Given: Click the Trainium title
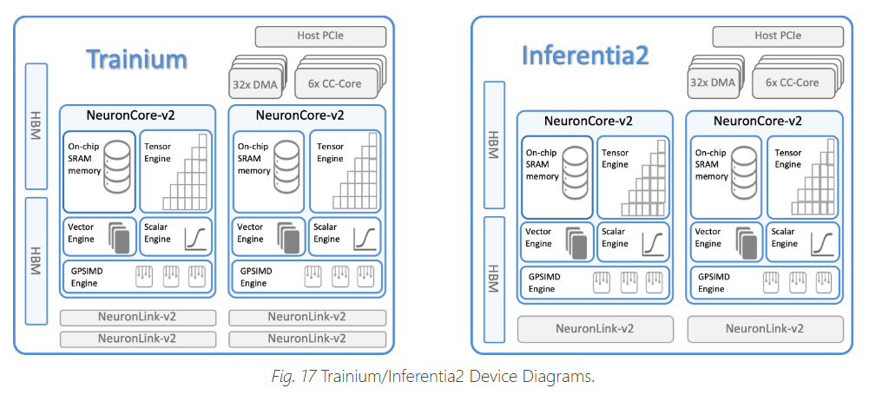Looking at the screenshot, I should (136, 59).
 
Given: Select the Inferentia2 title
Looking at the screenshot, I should (585, 55).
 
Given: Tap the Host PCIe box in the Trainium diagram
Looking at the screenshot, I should (319, 37).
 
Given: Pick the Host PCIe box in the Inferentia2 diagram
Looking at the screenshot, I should (778, 36).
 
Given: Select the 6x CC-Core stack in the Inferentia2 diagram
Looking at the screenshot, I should (792, 82).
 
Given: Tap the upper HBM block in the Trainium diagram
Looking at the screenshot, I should (36, 126).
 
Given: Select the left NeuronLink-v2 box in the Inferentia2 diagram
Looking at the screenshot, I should (595, 328).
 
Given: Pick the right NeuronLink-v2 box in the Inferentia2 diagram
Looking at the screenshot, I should (765, 328).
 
